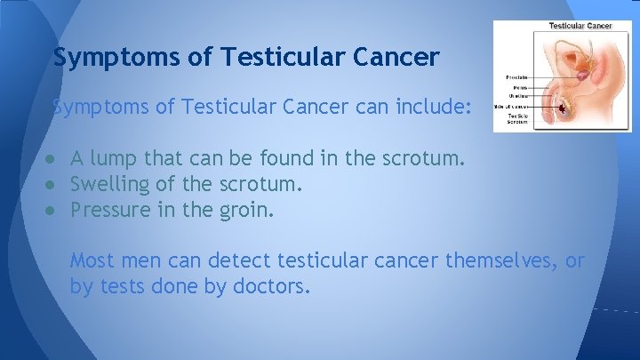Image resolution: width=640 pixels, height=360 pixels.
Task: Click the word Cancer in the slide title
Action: [x=397, y=58]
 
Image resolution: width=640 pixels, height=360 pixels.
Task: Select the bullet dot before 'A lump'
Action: [x=54, y=160]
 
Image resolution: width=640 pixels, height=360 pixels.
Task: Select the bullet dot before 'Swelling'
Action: [x=54, y=186]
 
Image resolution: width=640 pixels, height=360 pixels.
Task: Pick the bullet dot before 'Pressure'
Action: [x=54, y=211]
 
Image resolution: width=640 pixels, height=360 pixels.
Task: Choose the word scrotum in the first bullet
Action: [x=423, y=160]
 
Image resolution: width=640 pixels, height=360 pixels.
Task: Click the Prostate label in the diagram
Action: [x=519, y=76]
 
